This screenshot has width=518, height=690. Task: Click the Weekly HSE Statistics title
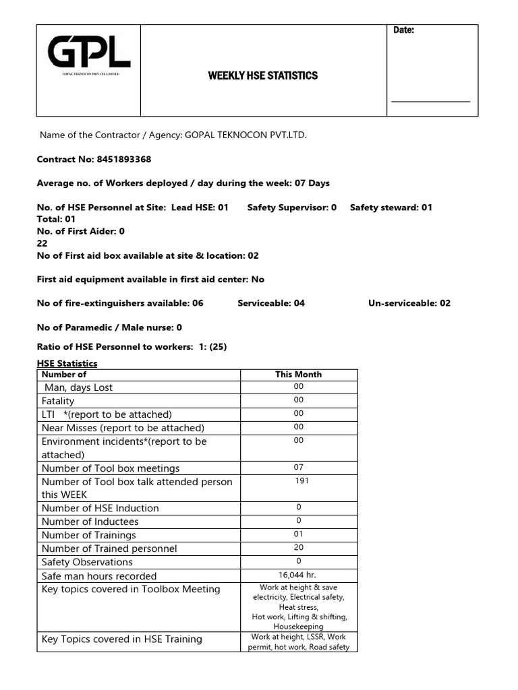pos(262,75)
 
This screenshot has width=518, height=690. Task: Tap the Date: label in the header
pos(403,30)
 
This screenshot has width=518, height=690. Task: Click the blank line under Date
pos(430,101)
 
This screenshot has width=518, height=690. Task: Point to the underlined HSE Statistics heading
pos(67,363)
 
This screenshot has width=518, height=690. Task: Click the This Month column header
pos(298,375)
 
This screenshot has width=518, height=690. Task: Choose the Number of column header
pos(64,375)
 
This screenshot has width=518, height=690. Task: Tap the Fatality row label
pos(58,401)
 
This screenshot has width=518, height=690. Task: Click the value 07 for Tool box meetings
pos(298,467)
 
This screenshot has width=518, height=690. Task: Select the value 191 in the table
pos(301,481)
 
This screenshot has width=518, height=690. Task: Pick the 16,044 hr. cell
pos(298,575)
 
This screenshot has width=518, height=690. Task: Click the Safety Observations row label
pos(87,562)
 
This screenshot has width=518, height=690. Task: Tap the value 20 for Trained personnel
pos(298,548)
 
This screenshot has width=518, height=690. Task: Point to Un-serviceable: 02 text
pos(409,303)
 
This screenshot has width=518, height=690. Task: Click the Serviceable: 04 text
pos(271,303)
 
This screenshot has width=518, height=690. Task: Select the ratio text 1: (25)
pos(210,346)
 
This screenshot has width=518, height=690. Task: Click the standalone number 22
pos(42,243)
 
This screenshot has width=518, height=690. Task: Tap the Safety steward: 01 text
pos(391,208)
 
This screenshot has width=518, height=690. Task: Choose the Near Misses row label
pos(123,428)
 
